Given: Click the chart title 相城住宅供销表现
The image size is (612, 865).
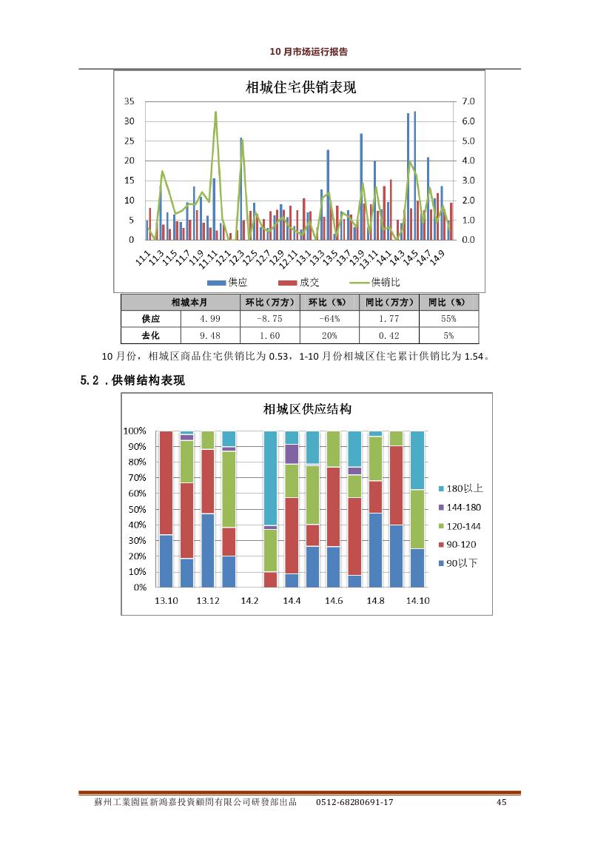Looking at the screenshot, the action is (300, 87).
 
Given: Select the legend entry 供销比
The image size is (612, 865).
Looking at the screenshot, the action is (375, 283).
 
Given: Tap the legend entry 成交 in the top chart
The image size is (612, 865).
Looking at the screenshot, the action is (299, 283).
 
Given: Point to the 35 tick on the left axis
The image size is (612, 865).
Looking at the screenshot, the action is (129, 101).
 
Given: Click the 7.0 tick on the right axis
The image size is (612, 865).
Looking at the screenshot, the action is (468, 101).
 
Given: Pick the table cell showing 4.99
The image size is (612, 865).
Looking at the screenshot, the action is (210, 319).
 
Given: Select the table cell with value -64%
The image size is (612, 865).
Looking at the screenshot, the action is (329, 319).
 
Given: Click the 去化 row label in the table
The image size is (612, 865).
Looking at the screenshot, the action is (151, 335).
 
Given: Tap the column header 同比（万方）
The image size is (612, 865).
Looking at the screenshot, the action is (389, 303).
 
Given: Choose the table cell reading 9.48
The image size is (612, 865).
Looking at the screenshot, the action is (210, 335).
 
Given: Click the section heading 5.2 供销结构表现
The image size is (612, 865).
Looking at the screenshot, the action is (132, 380).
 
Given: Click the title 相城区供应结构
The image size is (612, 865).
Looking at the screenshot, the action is (307, 409).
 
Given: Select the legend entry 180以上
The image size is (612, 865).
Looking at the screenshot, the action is (461, 489).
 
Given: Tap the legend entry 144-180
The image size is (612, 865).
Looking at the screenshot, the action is (460, 508).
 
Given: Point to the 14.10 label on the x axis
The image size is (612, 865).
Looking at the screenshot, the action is (418, 601).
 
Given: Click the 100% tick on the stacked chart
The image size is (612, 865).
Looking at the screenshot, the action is (135, 431).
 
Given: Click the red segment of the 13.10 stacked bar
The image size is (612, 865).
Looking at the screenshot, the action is (166, 483).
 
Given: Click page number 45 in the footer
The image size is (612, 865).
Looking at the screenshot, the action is (501, 802).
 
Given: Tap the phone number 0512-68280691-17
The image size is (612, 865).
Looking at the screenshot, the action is (354, 802).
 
